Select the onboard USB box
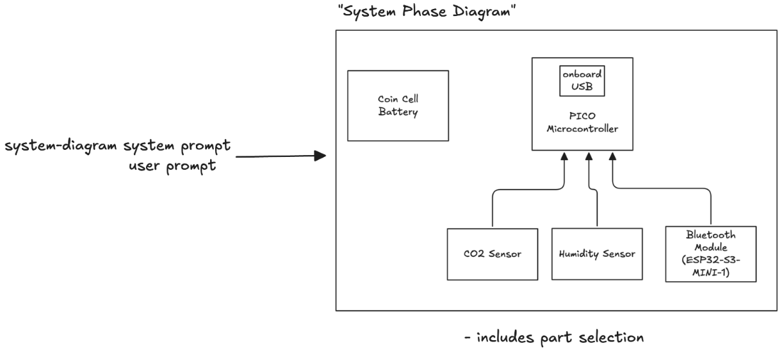(582, 81)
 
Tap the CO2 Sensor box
(493, 254)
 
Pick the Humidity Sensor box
(597, 254)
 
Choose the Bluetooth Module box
(710, 254)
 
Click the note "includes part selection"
(553, 337)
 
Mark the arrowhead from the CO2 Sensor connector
(564, 156)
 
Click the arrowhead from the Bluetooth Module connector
(614, 156)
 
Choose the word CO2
(475, 254)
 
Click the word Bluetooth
(710, 235)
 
